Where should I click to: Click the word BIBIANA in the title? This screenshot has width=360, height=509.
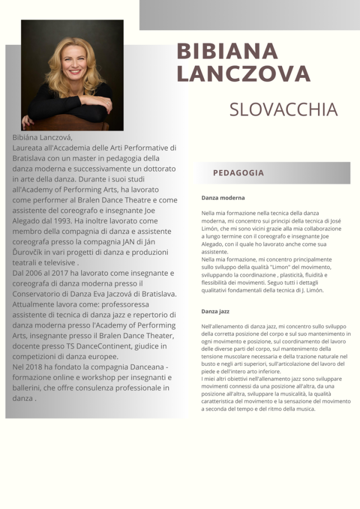click(x=227, y=51)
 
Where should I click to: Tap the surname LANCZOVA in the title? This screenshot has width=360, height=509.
click(x=243, y=74)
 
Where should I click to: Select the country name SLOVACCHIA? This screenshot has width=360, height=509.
click(x=283, y=110)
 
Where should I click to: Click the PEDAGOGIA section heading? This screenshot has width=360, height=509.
click(x=238, y=173)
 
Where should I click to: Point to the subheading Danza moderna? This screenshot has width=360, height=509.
click(x=223, y=198)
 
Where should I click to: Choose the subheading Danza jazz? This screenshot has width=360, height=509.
click(x=216, y=311)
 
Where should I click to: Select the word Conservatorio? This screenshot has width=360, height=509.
click(x=43, y=294)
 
